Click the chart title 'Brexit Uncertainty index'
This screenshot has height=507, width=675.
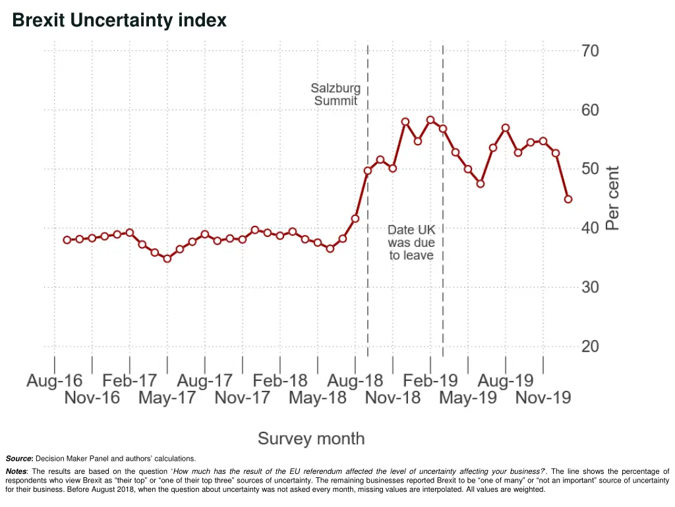pyautogui.click(x=119, y=21)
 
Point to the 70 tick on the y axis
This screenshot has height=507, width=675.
pyautogui.click(x=590, y=51)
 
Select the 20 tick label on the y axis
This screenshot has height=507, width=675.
pyautogui.click(x=590, y=347)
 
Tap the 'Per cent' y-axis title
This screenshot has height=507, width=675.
pyautogui.click(x=612, y=197)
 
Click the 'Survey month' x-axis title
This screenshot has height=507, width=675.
pyautogui.click(x=310, y=438)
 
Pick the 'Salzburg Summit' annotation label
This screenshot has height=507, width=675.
pyautogui.click(x=336, y=94)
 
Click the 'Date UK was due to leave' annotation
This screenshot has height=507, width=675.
pyautogui.click(x=411, y=242)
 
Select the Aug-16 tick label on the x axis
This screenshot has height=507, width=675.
pyautogui.click(x=55, y=381)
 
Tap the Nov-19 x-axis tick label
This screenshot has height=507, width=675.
pyautogui.click(x=543, y=398)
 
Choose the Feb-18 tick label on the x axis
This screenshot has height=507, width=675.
pyautogui.click(x=280, y=381)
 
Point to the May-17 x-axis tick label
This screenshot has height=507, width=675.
pyautogui.click(x=167, y=398)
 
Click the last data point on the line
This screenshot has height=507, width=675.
pyautogui.click(x=568, y=199)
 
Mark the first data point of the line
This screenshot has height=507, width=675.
pyautogui.click(x=67, y=240)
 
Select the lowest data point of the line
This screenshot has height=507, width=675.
pyautogui.click(x=167, y=259)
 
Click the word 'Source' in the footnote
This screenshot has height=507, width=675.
pyautogui.click(x=19, y=458)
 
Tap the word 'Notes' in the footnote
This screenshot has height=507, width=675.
pyautogui.click(x=16, y=471)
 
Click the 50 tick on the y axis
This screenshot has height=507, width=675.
pyautogui.click(x=590, y=169)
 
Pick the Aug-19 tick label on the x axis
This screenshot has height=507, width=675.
pyautogui.click(x=506, y=381)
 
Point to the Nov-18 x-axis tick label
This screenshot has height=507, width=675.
pyautogui.click(x=393, y=398)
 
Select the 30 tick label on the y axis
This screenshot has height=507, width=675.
pyautogui.click(x=590, y=287)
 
